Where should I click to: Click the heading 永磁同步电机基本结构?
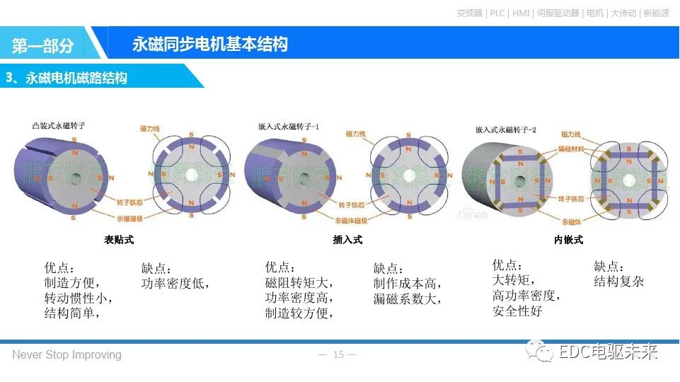(209, 45)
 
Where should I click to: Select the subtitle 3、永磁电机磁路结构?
(67, 78)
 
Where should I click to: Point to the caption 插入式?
(347, 240)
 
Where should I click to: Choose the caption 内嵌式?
(568, 240)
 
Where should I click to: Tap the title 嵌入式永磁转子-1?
(289, 127)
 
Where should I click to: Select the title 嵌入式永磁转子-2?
(505, 129)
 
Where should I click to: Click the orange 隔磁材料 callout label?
(572, 149)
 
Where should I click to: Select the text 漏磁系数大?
(407, 299)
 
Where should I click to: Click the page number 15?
(338, 354)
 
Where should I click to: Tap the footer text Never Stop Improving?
(67, 354)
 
